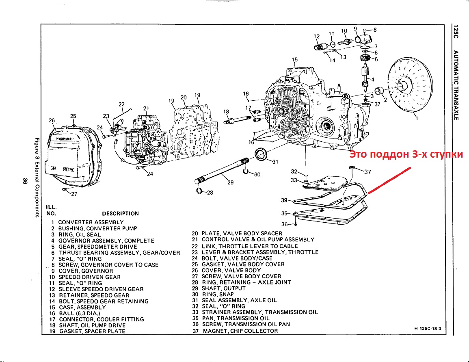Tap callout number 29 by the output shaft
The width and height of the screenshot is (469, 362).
[x=230, y=183]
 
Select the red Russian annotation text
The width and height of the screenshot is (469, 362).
[x=406, y=155]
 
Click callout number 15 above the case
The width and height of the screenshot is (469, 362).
[x=295, y=60]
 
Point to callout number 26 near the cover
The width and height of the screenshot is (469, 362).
[x=52, y=121]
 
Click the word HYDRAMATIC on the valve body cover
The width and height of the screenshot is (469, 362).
[x=65, y=139]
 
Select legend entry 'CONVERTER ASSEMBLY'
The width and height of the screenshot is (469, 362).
[x=91, y=222]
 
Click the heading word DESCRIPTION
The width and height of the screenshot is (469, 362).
[x=120, y=213]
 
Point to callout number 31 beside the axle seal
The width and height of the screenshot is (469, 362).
[x=275, y=162]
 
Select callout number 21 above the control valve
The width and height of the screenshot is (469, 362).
[x=146, y=108]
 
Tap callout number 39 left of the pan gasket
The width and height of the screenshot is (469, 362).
[x=284, y=200]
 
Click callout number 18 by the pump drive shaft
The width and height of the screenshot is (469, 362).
[x=226, y=112]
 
